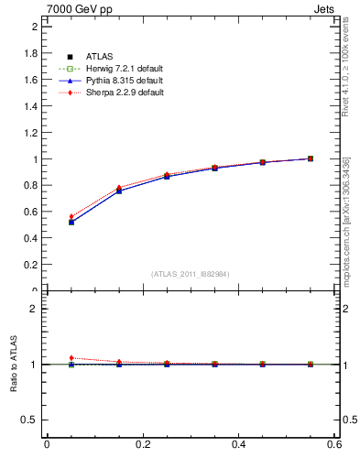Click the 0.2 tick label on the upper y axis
[x=30, y=265]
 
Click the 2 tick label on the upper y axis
[x=35, y=27]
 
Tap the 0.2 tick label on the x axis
[x=143, y=445]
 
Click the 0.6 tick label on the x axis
[x=337, y=445]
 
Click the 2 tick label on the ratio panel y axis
[x=35, y=309]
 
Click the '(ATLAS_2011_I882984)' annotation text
[x=191, y=274]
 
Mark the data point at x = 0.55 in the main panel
[x=311, y=158]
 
